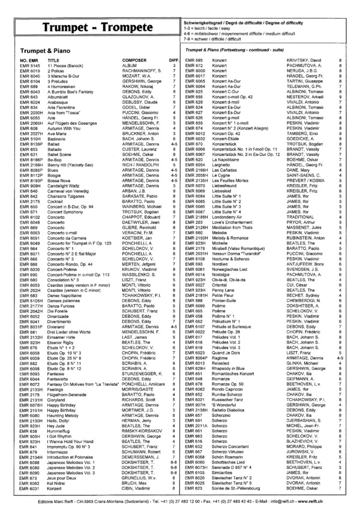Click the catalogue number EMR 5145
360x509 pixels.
[x=30, y=66]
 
